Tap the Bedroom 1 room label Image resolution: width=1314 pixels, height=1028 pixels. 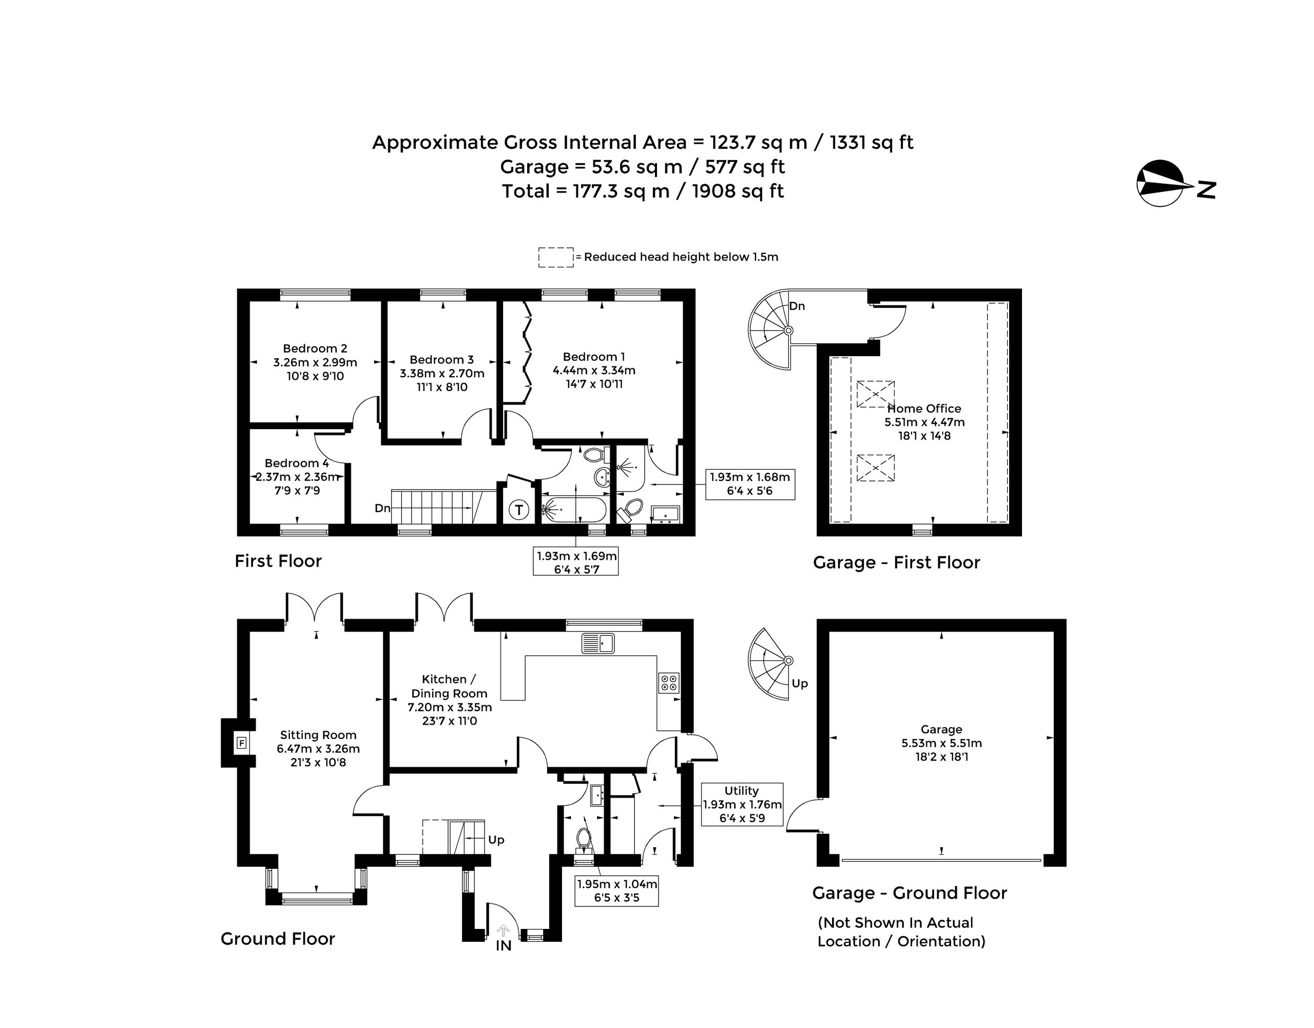pyautogui.click(x=594, y=357)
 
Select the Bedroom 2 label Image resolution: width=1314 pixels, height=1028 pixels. pyautogui.click(x=315, y=348)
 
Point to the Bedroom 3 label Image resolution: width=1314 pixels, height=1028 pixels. pyautogui.click(x=442, y=359)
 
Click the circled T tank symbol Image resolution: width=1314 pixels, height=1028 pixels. pyautogui.click(x=519, y=510)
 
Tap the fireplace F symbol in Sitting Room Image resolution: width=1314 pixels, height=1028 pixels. pyautogui.click(x=242, y=743)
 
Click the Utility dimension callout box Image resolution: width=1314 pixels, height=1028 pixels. pyautogui.click(x=742, y=804)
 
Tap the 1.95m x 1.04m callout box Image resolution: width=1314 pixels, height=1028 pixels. pyautogui.click(x=616, y=891)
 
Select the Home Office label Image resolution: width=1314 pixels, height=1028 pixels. pyautogui.click(x=924, y=409)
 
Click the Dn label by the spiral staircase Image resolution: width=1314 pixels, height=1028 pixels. pyautogui.click(x=797, y=306)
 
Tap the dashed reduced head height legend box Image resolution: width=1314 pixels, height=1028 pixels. pyautogui.click(x=555, y=257)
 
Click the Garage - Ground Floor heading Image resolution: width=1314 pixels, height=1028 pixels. pyautogui.click(x=910, y=893)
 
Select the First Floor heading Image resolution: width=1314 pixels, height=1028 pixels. pyautogui.click(x=278, y=561)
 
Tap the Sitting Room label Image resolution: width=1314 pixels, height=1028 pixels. pyautogui.click(x=318, y=735)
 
